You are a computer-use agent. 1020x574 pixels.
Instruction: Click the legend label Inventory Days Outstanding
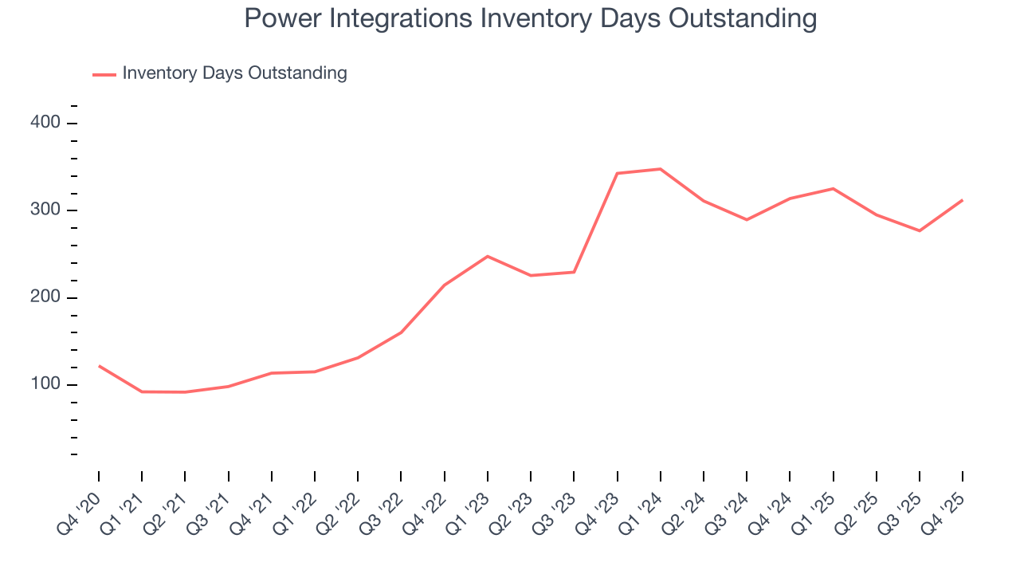point(234,73)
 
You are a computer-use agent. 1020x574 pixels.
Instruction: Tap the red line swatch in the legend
point(104,74)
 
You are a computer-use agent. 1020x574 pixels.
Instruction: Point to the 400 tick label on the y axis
point(45,123)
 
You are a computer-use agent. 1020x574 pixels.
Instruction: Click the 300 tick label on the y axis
point(45,210)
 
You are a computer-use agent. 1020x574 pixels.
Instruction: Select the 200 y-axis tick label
point(45,297)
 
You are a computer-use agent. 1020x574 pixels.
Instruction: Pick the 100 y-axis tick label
point(45,384)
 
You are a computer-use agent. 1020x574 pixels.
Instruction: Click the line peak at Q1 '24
point(661,169)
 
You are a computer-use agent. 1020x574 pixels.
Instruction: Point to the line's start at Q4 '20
point(99,366)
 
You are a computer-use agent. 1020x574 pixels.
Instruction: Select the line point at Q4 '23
point(618,173)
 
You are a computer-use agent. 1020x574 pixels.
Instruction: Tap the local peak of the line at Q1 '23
point(488,256)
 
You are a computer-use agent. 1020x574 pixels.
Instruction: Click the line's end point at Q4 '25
point(963,200)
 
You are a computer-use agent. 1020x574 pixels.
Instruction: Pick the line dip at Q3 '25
point(920,230)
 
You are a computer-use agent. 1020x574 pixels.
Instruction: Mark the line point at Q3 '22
point(401,332)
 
